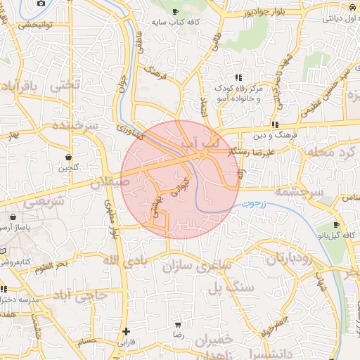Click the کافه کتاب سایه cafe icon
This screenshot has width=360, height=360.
(x=175, y=11)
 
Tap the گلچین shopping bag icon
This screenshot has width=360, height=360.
(x=68, y=157)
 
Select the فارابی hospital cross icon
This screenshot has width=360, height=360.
(x=126, y=331)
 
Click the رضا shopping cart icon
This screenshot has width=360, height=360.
(x=178, y=324)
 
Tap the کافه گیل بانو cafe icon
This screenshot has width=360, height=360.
(x=337, y=226)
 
